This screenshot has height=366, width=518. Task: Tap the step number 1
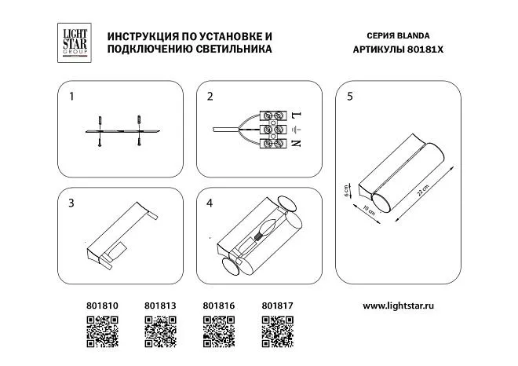coord(71,97)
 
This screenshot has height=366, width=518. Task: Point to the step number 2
coord(210,97)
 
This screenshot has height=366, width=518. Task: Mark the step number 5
coord(349,97)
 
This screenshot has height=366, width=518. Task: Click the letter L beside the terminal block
coord(295,114)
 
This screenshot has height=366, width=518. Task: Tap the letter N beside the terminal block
coord(295,144)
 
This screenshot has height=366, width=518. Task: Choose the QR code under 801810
coord(101,331)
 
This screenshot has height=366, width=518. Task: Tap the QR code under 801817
coord(276,331)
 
